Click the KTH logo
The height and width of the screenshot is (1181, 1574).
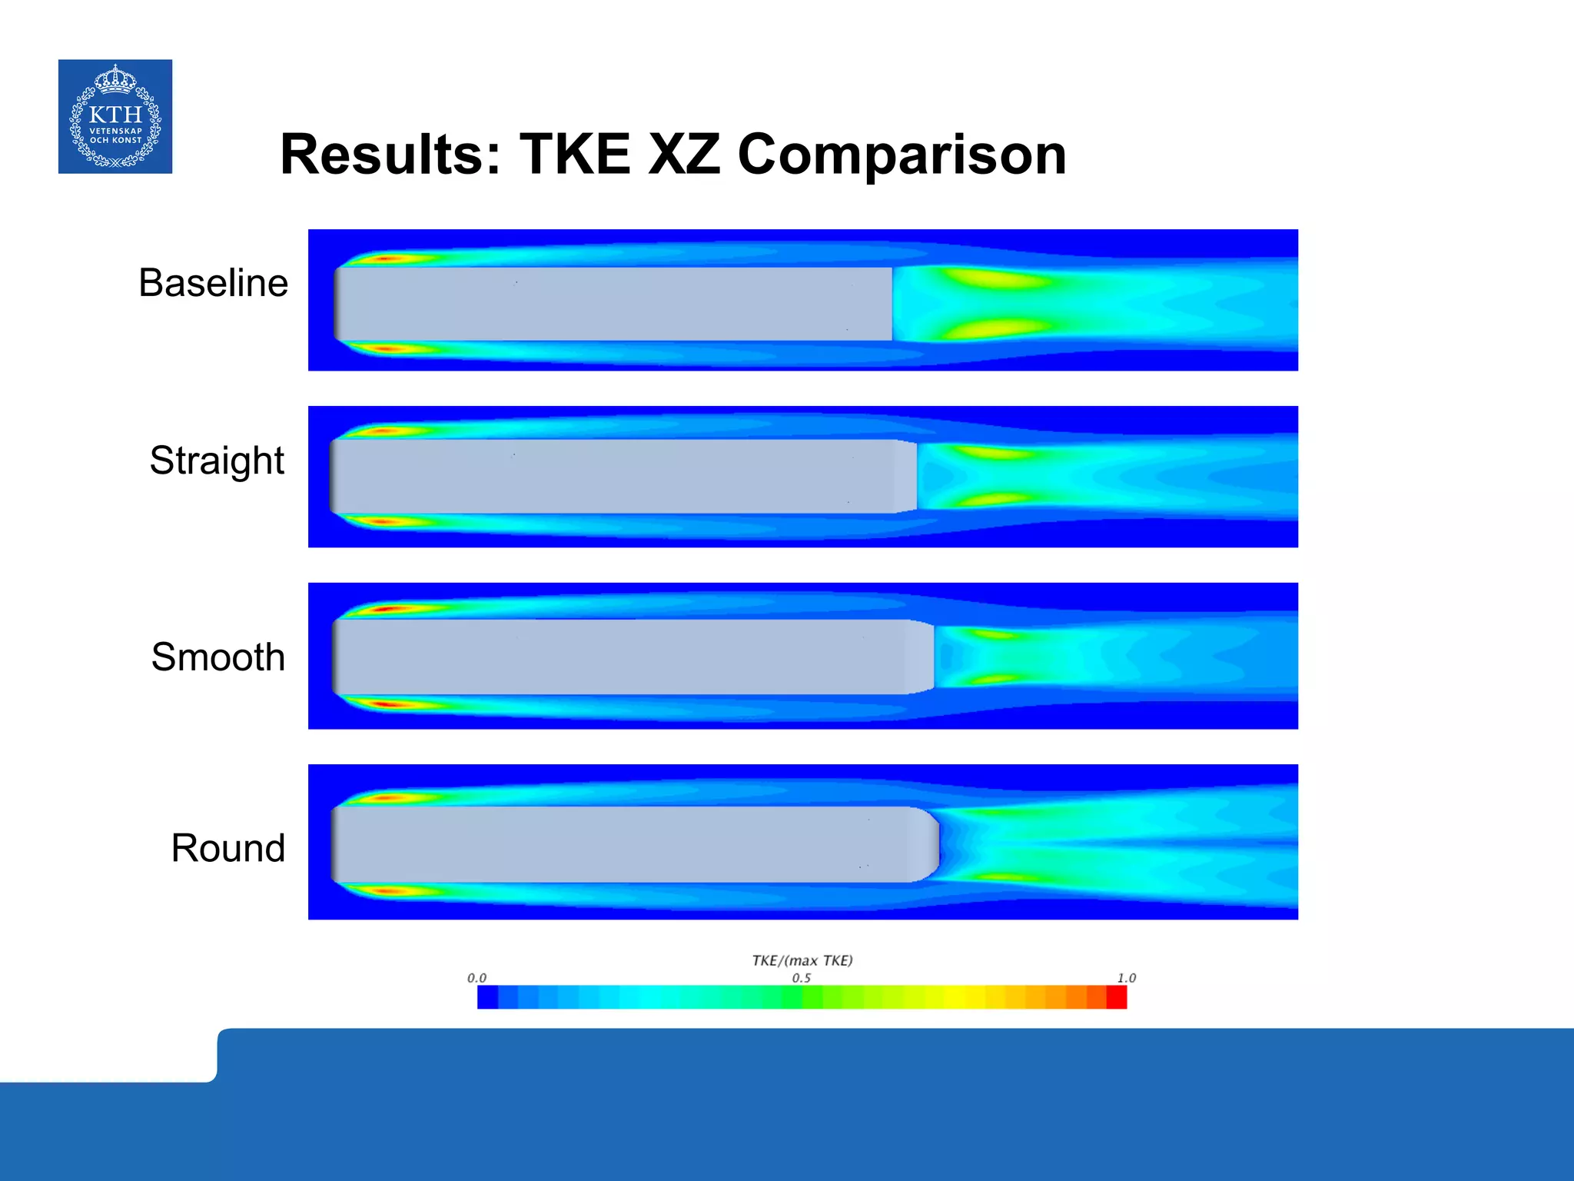click(x=115, y=116)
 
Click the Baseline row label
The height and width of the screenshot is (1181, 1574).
click(x=213, y=283)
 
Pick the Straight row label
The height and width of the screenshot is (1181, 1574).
click(x=217, y=461)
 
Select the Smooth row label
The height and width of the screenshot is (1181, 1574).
click(x=218, y=657)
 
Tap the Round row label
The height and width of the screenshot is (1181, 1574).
click(x=227, y=848)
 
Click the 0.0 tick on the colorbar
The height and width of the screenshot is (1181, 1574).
click(x=477, y=978)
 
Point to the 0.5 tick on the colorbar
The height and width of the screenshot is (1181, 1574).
click(x=801, y=978)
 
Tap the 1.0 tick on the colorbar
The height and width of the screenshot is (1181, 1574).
click(x=1126, y=978)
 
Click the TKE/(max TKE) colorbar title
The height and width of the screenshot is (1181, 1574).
click(x=802, y=960)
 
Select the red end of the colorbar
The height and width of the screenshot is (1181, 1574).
click(x=1116, y=997)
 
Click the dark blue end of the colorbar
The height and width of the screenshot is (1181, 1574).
click(x=487, y=997)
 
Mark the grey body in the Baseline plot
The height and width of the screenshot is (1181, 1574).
click(x=615, y=304)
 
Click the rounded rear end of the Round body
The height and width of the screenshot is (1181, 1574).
click(x=931, y=843)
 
